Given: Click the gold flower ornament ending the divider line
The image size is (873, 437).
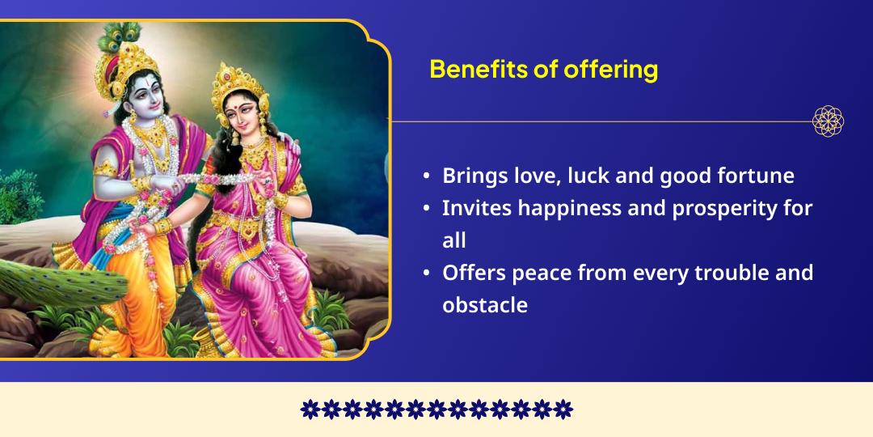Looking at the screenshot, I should point(829,121).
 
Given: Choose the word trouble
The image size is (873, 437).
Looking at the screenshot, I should point(726,273).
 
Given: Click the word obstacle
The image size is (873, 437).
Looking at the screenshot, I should point(484,305).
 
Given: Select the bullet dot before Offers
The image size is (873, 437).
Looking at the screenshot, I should point(426,274).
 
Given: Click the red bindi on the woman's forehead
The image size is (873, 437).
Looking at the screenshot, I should point(239,106).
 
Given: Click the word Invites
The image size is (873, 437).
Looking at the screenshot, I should point(476,209).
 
